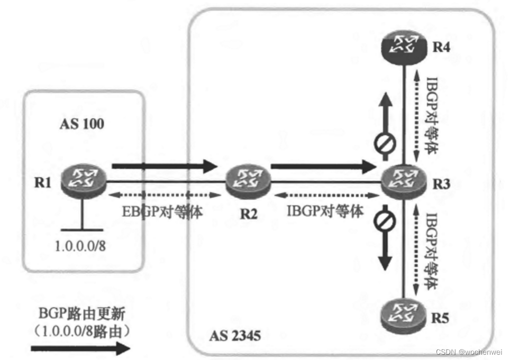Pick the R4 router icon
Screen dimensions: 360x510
point(404,47)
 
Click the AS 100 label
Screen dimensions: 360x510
point(82,124)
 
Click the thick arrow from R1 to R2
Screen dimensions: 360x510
point(164,167)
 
